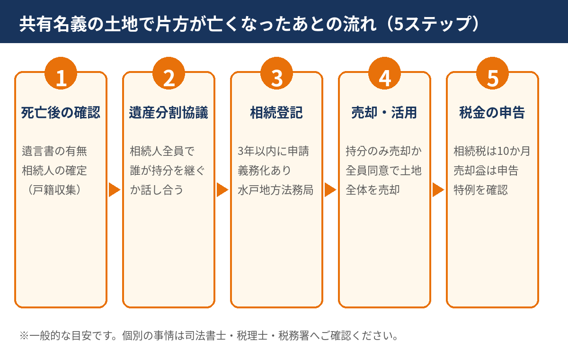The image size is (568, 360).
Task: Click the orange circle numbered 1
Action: (x=61, y=73)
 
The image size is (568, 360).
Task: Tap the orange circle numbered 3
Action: (x=276, y=73)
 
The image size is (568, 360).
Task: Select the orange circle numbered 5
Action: (x=492, y=73)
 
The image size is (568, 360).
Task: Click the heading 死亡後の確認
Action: (x=61, y=113)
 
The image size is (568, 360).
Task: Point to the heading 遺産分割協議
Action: (x=169, y=113)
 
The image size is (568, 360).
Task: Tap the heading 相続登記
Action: (x=276, y=113)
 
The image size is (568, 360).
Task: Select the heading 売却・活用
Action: (x=384, y=113)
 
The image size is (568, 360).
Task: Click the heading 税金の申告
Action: (x=492, y=113)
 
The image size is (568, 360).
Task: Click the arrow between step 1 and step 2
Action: (x=115, y=190)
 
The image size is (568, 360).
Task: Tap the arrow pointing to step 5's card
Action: (x=438, y=190)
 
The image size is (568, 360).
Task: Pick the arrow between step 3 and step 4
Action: (x=331, y=190)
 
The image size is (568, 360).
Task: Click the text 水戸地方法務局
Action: (x=275, y=190)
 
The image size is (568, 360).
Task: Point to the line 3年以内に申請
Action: (x=274, y=151)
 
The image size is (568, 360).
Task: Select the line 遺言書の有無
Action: (x=54, y=151)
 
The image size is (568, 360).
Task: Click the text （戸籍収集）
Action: (x=54, y=190)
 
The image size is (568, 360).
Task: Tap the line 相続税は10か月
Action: (x=492, y=151)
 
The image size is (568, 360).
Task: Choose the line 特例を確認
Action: (x=481, y=190)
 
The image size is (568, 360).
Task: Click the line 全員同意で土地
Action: (x=384, y=171)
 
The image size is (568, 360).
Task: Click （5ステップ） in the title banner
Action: (x=432, y=24)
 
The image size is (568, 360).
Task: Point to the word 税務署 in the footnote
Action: (x=293, y=336)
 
